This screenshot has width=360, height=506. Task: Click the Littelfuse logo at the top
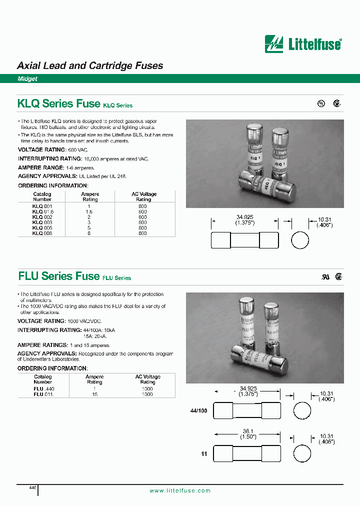(x=303, y=44)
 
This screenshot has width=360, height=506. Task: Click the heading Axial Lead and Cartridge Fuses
(x=90, y=65)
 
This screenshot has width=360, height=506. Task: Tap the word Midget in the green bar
(x=27, y=79)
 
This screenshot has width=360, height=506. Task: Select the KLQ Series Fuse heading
(x=59, y=103)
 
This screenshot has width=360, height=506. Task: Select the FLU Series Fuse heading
(x=59, y=275)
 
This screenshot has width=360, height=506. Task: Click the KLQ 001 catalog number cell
(x=42, y=206)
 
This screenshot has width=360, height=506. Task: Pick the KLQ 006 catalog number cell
(x=42, y=233)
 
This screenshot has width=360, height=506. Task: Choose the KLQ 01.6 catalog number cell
(x=42, y=211)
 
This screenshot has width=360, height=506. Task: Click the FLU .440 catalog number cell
(x=43, y=389)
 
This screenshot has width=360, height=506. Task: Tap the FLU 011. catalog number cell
(x=43, y=394)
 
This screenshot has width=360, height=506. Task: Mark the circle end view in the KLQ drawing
(x=300, y=240)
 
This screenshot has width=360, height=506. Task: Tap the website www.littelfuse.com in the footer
(x=180, y=490)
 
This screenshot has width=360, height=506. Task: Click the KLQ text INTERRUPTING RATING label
(x=50, y=158)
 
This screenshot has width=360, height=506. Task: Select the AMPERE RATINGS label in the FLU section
(x=43, y=345)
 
